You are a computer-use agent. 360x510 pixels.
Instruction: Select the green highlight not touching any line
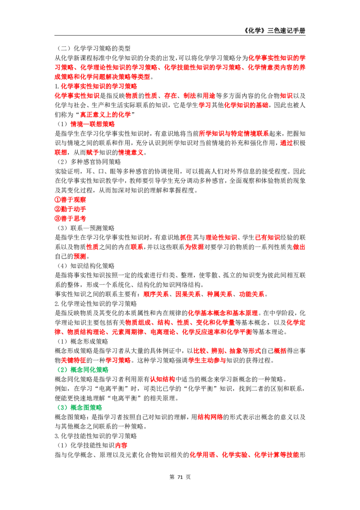[x=81, y=407]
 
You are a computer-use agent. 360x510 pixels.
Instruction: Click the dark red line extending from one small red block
[x=243, y=448]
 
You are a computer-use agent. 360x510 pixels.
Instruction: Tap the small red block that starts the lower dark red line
[x=121, y=445]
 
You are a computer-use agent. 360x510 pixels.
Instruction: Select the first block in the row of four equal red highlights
[x=155, y=294]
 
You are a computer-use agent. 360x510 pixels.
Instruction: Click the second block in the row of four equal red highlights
[x=187, y=294]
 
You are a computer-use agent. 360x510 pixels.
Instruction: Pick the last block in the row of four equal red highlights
[x=252, y=294]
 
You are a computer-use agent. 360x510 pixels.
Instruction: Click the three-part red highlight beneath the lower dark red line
[x=244, y=455]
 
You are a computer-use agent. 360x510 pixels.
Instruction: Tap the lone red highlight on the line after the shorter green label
[x=210, y=417]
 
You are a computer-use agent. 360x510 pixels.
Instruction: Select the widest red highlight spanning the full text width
[x=180, y=68]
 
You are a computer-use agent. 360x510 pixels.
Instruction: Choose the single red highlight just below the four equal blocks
[x=223, y=313]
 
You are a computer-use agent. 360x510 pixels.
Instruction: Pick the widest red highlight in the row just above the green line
[x=207, y=360]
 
